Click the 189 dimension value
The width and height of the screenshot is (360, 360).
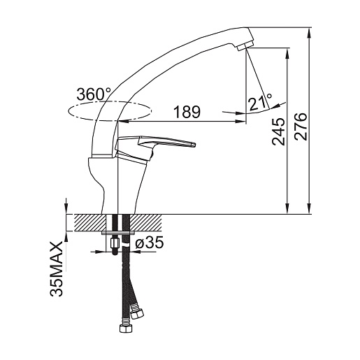click(187, 112)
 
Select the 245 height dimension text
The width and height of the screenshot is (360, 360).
click(278, 131)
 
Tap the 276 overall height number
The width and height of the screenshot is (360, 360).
click(301, 127)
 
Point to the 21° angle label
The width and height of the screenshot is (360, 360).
click(260, 102)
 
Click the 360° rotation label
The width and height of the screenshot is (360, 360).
click(94, 94)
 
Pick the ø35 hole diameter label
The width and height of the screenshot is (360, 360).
click(150, 243)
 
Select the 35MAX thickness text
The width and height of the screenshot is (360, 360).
click(57, 269)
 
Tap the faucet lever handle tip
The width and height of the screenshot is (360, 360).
click(194, 145)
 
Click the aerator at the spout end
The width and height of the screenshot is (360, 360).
click(245, 45)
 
